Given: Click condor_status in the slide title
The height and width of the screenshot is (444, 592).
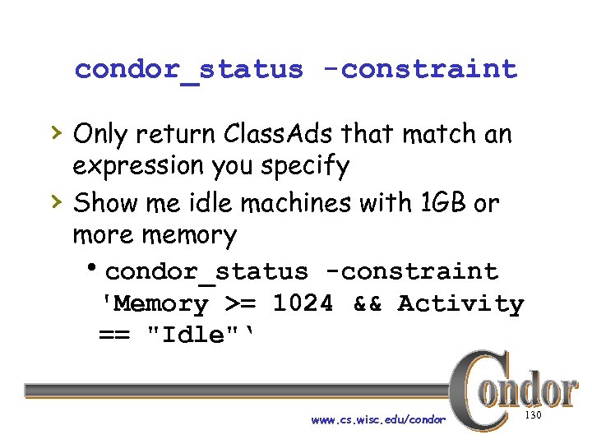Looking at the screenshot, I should click(x=188, y=69).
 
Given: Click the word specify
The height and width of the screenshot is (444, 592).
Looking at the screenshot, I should click(x=306, y=167).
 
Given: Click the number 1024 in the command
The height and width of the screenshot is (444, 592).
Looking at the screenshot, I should click(x=303, y=303).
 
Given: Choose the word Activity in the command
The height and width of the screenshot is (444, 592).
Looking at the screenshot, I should click(x=460, y=303).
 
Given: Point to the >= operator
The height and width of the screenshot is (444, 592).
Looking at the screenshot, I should click(x=240, y=303).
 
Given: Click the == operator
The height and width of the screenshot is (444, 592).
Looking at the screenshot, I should click(x=117, y=335).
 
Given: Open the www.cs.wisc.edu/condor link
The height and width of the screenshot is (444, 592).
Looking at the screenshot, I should click(x=377, y=419).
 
